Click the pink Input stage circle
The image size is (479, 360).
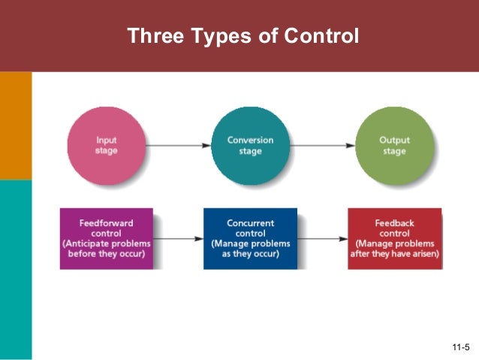(106, 145)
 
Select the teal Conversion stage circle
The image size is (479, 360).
(251, 145)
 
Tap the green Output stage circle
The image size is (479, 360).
(394, 145)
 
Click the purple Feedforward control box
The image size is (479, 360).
(107, 238)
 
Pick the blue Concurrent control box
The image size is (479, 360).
(251, 238)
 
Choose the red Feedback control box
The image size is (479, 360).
(394, 238)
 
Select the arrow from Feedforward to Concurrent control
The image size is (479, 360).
(178, 238)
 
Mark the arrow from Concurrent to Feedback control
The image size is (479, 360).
(322, 238)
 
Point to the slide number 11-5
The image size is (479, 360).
(460, 346)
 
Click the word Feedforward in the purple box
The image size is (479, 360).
(107, 223)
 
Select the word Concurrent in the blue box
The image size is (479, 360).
(251, 223)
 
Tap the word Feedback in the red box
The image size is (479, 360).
(394, 223)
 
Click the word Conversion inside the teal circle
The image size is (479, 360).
(251, 141)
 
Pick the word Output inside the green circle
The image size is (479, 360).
(394, 141)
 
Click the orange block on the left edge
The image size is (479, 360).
(16, 126)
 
